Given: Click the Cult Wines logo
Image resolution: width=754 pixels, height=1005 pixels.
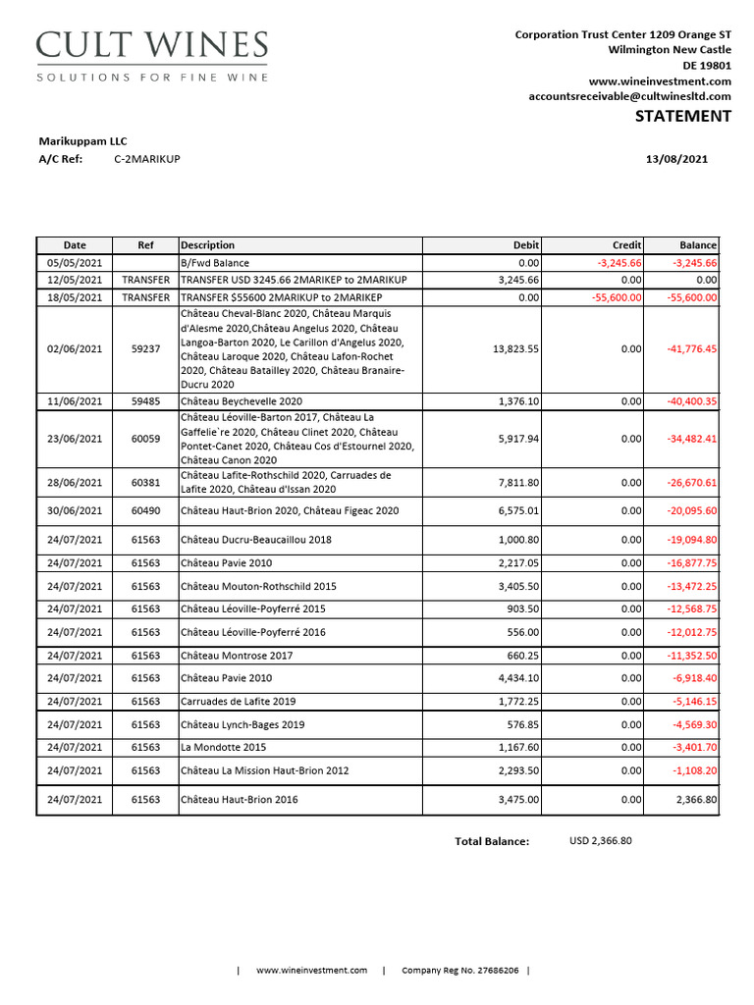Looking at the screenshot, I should point(151,56).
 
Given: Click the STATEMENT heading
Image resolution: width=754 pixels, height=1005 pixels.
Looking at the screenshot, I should point(682,117).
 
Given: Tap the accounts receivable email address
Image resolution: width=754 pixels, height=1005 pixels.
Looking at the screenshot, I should point(629,96).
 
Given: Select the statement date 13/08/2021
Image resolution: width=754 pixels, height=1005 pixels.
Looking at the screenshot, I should point(675,159).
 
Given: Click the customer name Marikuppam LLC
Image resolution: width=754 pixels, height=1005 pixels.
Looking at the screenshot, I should point(82,141).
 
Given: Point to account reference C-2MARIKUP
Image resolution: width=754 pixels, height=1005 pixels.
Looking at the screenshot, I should point(147,159).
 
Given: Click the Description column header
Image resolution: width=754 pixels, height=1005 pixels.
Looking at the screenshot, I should point(208,245).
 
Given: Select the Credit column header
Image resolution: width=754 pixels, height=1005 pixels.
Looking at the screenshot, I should point(626,245).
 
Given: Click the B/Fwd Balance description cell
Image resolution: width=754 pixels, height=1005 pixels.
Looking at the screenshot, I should point(215,263).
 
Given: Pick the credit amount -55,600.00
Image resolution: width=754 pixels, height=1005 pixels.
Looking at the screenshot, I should point(617,297).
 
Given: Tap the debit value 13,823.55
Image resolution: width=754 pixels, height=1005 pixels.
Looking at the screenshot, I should point(514,348).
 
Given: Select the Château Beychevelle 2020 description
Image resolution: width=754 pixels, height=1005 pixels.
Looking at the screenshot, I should point(242,401).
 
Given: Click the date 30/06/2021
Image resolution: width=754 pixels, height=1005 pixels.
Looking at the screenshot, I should point(75,511).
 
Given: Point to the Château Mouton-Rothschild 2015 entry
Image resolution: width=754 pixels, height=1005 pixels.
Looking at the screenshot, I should point(258,587).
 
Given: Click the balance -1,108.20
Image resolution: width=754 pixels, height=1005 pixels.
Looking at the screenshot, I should point(694,770).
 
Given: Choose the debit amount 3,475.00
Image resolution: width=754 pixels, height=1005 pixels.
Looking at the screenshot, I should point(518,800).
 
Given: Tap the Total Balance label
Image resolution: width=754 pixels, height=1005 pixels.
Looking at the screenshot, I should point(491,841).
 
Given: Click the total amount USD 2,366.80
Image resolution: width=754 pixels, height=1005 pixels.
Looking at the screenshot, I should point(601,841).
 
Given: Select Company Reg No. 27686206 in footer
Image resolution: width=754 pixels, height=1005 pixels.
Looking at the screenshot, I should point(459,971).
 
